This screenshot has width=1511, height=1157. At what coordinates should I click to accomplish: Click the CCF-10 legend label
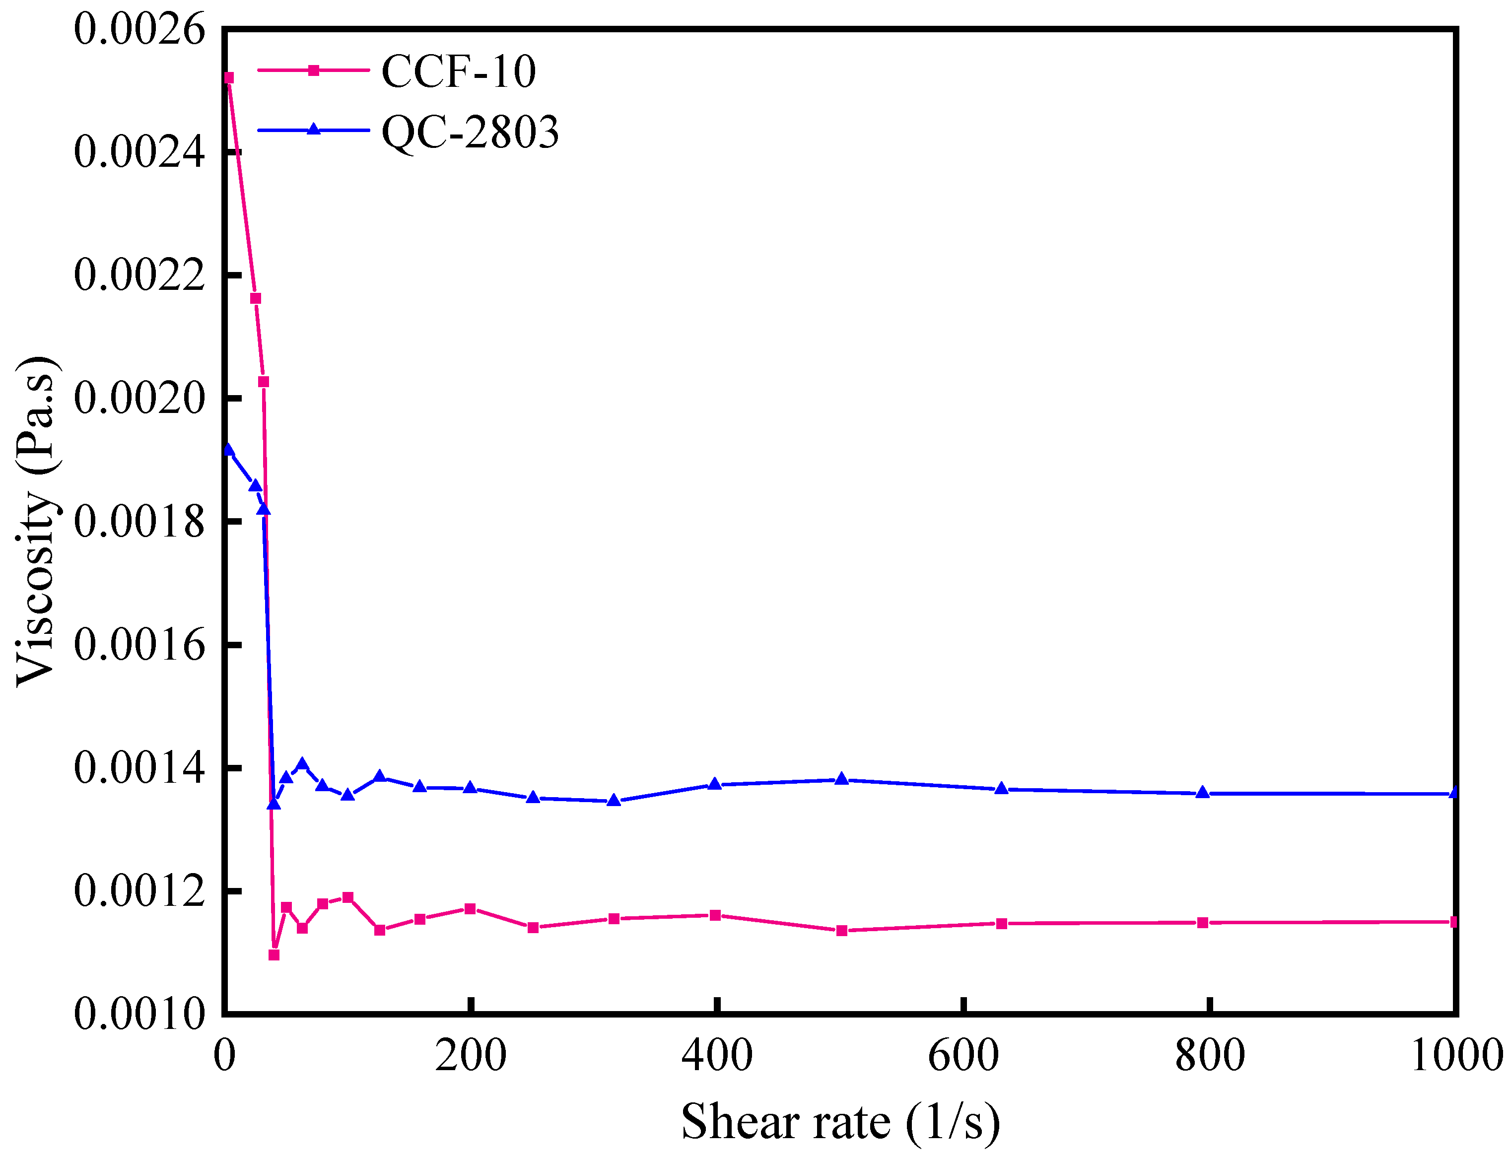(458, 71)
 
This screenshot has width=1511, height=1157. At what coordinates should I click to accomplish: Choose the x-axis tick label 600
(963, 1056)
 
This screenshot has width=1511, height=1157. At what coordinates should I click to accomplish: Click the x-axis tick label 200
(471, 1056)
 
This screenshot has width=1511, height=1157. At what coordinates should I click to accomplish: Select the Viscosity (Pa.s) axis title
(36, 521)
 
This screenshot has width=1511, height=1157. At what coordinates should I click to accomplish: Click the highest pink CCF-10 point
(229, 78)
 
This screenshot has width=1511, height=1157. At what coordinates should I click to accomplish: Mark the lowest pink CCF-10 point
(274, 955)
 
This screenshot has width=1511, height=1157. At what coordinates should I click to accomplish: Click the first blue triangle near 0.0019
(229, 450)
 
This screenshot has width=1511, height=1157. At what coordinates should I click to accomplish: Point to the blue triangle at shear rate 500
(841, 779)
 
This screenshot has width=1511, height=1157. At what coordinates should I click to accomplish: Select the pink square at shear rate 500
(841, 931)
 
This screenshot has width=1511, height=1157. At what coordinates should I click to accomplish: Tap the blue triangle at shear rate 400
(715, 784)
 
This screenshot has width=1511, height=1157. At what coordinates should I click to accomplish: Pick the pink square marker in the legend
(313, 70)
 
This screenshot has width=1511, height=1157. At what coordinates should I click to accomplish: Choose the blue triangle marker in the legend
(313, 130)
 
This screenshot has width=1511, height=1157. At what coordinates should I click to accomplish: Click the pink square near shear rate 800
(1202, 923)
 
